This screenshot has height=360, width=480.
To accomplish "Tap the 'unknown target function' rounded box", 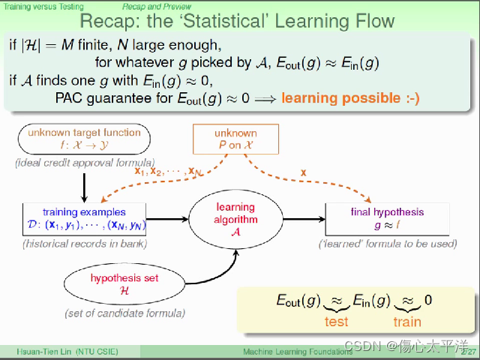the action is pos(84,139).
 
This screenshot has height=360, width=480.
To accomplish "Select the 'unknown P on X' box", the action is pos(235,139).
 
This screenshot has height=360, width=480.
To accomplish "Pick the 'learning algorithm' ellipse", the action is pos(235,219).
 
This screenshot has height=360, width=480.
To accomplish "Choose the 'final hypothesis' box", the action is pos(387,218).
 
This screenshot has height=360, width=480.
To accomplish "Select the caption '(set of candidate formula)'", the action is pos(124,312).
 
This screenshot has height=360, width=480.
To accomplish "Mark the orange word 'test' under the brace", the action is pos(336,322).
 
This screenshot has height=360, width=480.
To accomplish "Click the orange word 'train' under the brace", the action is pos(407,322).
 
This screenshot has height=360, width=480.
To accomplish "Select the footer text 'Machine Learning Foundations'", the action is pos(289,351).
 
